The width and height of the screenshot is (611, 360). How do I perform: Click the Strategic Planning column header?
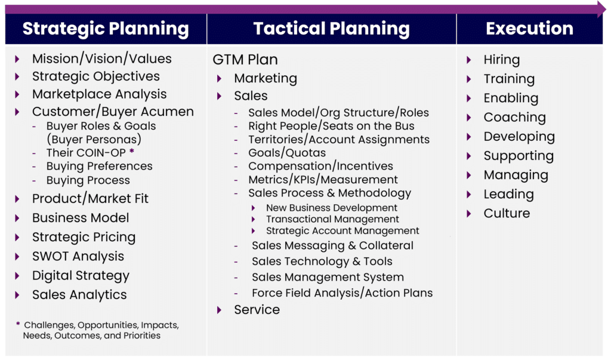tap(106, 29)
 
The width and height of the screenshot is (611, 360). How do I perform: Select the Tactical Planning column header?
tap(331, 29)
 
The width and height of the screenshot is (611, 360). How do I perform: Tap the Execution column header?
tap(529, 29)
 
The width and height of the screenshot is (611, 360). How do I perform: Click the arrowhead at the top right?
tap(601, 8)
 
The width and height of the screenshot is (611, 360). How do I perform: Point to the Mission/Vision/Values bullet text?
tap(101, 59)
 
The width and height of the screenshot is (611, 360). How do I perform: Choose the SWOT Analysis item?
tap(78, 256)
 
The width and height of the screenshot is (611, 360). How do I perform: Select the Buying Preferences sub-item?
tap(99, 166)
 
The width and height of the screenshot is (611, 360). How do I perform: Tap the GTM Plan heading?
tap(245, 60)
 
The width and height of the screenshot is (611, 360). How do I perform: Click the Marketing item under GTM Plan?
tap(265, 78)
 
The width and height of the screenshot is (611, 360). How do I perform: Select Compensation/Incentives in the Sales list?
tap(320, 166)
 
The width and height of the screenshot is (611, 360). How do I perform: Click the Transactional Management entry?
tap(332, 219)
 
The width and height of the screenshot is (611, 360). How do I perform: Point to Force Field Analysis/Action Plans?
tap(342, 293)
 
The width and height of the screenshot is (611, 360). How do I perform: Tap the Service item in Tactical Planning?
tap(257, 309)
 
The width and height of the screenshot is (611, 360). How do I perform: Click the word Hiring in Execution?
tap(501, 60)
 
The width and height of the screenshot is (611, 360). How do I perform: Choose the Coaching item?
tap(514, 117)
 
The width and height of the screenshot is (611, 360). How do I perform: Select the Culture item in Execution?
tap(507, 213)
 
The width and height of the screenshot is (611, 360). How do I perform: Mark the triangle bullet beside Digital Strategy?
tap(18, 276)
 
